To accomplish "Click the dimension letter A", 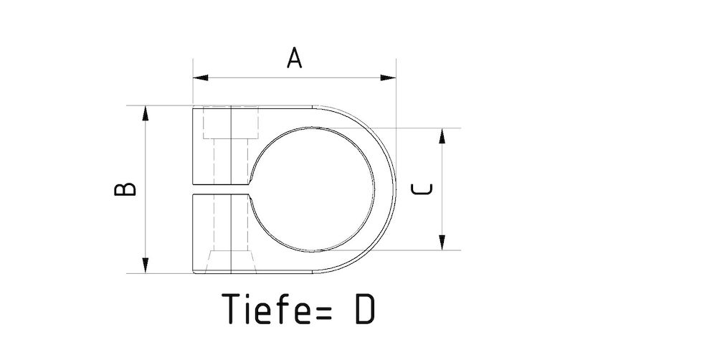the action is point(295,58).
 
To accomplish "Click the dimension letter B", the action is point(125,189).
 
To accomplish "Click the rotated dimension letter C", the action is point(422,189).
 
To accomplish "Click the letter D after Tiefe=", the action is point(365,309).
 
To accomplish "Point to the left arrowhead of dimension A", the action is point(200,77).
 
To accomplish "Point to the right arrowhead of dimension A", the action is point(388,77).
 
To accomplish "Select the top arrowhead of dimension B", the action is point(146,113).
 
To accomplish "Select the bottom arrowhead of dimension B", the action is point(146,266).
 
